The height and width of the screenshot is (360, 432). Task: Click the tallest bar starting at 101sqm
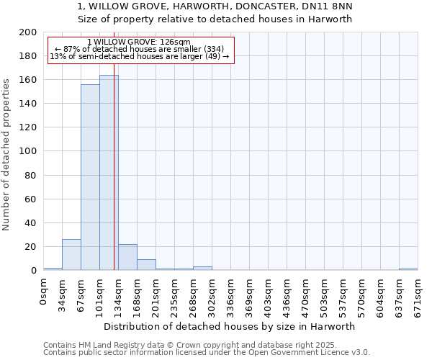(109, 173)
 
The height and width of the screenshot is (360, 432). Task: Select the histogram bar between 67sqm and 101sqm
(90, 177)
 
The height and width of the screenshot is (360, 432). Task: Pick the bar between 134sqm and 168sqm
(127, 257)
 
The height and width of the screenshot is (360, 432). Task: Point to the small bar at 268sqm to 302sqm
(202, 269)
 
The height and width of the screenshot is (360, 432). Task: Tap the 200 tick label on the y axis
(28, 32)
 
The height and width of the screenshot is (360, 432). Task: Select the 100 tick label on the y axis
(28, 151)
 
